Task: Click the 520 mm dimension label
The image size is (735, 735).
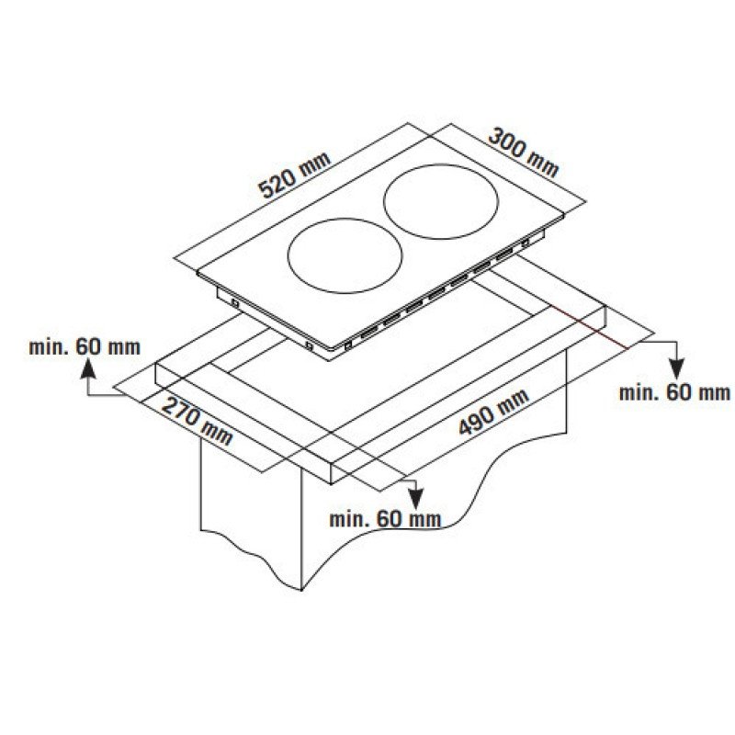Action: [294, 175]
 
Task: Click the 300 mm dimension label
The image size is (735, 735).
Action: [524, 153]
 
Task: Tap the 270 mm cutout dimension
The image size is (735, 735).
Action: [197, 421]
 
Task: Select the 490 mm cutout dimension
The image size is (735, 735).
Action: [493, 411]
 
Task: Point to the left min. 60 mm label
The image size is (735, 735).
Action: [85, 347]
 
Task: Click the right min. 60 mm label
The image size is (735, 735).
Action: [674, 392]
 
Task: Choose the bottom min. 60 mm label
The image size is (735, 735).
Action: [385, 519]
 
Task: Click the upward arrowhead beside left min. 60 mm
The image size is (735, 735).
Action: [88, 369]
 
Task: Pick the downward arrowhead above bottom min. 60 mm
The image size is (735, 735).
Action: [415, 499]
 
